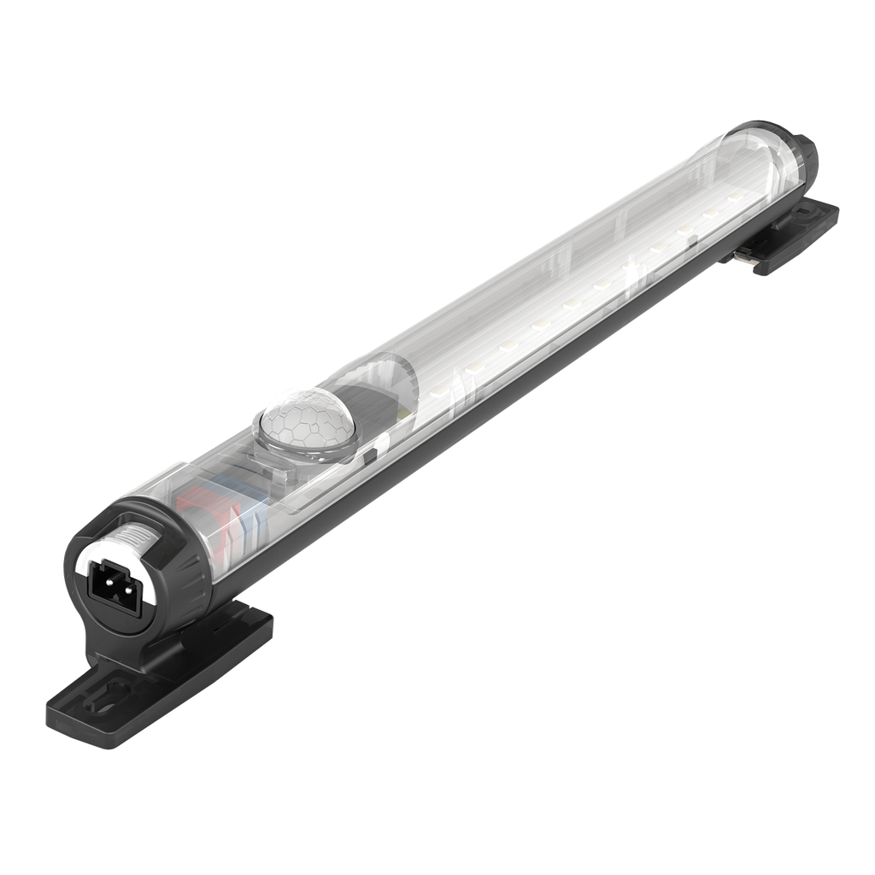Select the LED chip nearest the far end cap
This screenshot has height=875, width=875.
[x=733, y=197]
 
